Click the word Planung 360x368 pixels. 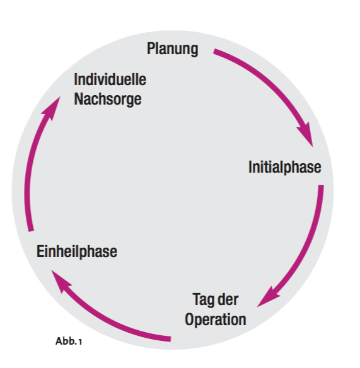tap(173, 49)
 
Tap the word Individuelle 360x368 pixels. tap(110, 79)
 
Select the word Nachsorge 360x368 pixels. tap(108, 100)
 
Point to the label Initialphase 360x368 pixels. tap(284, 168)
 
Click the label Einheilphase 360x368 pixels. tap(77, 251)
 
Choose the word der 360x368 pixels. tap(228, 299)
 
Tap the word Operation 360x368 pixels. tap(216, 319)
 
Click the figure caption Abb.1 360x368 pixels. tap(69, 342)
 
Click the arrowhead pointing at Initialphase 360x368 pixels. tap(306, 135)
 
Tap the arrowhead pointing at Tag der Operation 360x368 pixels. tap(268, 297)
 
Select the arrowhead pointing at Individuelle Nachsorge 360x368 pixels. tap(52, 108)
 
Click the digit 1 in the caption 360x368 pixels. tap(80, 342)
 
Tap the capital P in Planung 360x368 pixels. tap(151, 49)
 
